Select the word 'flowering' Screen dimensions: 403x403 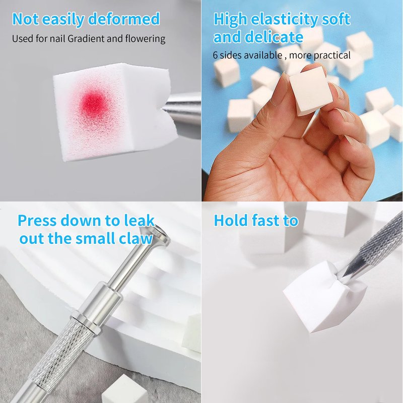145,39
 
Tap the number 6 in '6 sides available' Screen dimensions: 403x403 215,55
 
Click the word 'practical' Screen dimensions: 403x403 332,55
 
